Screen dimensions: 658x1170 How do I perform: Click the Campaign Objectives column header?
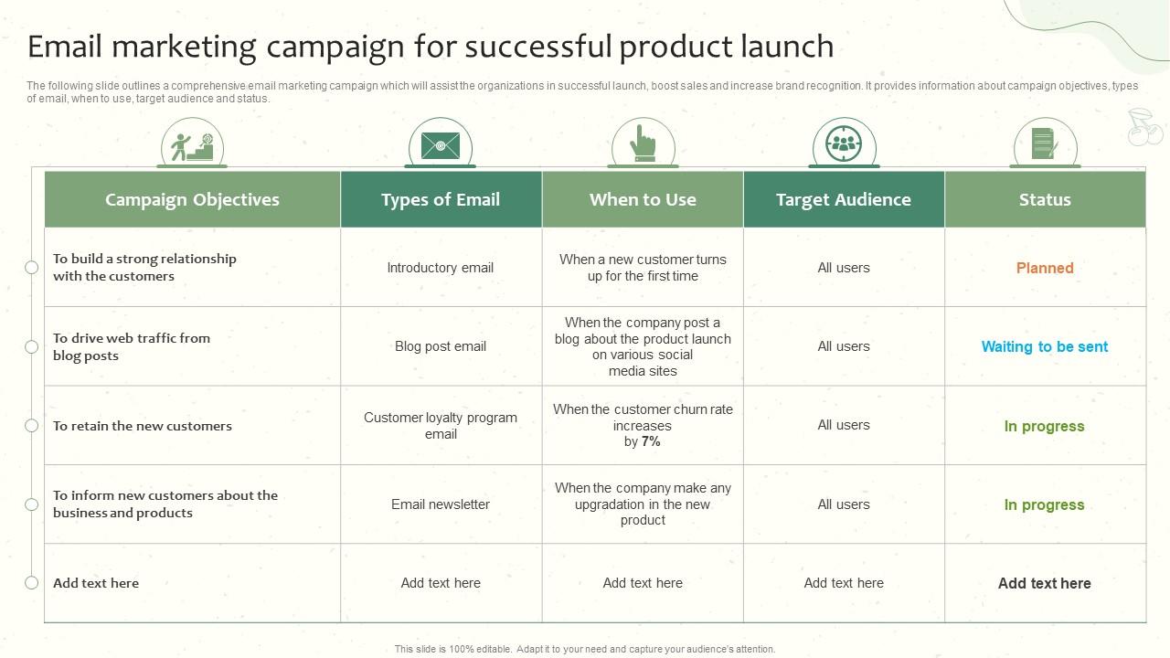point(192,199)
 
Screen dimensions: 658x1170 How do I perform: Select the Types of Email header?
point(441,199)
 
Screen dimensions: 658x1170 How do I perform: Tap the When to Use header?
point(643,199)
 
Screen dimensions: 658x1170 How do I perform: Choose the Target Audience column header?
point(844,199)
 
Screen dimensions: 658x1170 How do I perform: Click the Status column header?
point(1045,199)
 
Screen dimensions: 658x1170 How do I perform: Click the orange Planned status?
point(1045,268)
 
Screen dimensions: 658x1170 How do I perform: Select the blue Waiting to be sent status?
point(1045,346)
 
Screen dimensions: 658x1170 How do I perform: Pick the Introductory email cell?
point(441,268)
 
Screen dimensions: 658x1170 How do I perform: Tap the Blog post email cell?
point(441,346)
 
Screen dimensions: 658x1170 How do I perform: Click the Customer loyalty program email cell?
point(441,425)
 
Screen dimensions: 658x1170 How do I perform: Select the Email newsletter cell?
point(441,504)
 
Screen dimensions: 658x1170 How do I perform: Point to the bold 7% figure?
point(651,441)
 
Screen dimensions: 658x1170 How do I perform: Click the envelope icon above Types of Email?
point(441,144)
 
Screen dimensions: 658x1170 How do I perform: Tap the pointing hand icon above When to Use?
point(643,143)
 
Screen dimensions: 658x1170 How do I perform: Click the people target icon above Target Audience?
point(844,143)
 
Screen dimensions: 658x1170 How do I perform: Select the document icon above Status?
point(1044,143)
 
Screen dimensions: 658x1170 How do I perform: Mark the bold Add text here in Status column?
point(1045,583)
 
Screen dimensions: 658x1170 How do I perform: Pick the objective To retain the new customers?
point(143,426)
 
